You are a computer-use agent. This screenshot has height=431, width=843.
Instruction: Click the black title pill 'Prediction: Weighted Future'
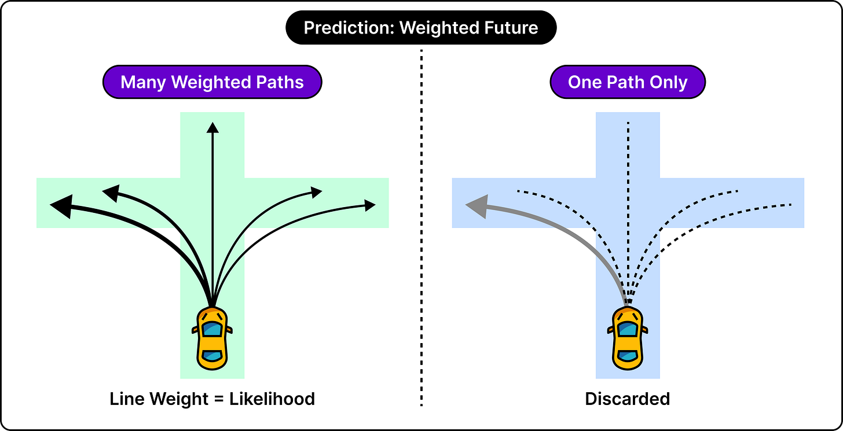click(x=421, y=27)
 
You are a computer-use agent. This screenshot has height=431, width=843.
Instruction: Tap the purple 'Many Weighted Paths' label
click(x=212, y=82)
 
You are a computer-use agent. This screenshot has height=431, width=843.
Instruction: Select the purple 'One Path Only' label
click(x=628, y=82)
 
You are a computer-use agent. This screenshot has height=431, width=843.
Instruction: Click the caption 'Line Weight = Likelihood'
click(x=212, y=399)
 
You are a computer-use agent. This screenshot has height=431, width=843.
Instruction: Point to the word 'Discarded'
click(x=628, y=399)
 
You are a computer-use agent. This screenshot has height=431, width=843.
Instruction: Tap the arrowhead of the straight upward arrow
click(x=212, y=127)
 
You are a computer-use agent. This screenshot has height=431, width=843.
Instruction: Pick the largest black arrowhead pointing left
click(x=62, y=207)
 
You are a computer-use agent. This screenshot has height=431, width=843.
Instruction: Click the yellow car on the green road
click(x=212, y=338)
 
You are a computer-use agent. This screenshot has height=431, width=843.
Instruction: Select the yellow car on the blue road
click(x=628, y=338)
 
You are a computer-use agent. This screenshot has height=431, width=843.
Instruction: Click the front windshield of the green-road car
click(x=212, y=329)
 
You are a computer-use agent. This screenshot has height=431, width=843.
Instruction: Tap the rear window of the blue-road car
click(x=628, y=355)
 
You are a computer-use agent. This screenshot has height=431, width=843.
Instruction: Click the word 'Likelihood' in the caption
click(x=272, y=399)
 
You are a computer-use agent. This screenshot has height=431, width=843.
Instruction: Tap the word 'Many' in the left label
click(x=144, y=82)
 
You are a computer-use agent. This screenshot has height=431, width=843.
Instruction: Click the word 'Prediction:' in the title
click(x=349, y=28)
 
